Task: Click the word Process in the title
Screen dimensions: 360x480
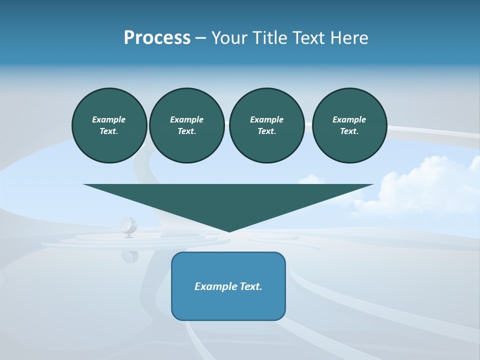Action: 157,38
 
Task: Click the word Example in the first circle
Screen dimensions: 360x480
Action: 109,119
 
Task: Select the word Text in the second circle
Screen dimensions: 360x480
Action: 187,131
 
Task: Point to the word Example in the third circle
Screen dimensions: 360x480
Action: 266,119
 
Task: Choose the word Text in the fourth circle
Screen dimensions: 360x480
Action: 349,131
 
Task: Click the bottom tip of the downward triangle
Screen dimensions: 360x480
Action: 229,230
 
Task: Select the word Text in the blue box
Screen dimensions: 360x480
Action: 251,286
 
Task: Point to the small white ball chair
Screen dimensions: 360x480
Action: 128,226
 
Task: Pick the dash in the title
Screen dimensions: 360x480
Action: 201,38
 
